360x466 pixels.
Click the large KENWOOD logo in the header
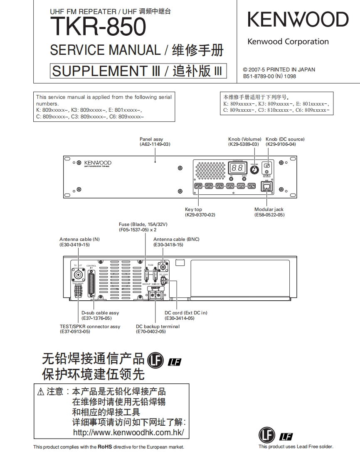click(x=298, y=20)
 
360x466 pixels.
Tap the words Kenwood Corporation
click(x=288, y=42)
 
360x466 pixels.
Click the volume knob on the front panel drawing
click(x=253, y=169)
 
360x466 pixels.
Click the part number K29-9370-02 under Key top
click(x=200, y=215)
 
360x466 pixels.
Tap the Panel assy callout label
click(x=151, y=139)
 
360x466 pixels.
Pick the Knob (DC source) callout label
click(x=285, y=139)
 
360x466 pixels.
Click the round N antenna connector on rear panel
click(x=78, y=275)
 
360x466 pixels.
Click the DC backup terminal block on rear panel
click(x=155, y=294)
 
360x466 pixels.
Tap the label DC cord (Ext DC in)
click(x=186, y=313)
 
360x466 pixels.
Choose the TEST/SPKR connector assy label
click(x=90, y=326)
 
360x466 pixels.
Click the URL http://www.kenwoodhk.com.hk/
click(x=128, y=432)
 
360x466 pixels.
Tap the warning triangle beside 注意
click(x=40, y=392)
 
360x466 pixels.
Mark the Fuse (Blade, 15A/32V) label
click(x=143, y=224)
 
